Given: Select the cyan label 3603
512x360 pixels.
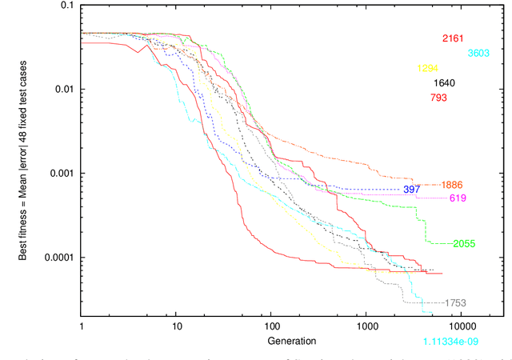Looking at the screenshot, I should (x=478, y=54).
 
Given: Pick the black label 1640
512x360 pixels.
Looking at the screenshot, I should (x=445, y=83).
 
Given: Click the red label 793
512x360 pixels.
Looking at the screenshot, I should (x=438, y=98).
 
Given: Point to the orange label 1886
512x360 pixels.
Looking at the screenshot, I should (x=460, y=184).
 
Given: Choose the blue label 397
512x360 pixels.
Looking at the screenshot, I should (x=412, y=190).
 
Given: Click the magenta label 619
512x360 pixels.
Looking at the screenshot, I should (x=458, y=198).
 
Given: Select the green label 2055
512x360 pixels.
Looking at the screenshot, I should (x=465, y=243).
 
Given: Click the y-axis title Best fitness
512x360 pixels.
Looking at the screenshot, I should (x=23, y=175).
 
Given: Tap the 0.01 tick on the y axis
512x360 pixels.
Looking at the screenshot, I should (x=65, y=90).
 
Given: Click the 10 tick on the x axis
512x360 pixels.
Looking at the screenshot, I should (x=177, y=327).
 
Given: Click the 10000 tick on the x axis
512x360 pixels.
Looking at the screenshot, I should (x=461, y=327).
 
